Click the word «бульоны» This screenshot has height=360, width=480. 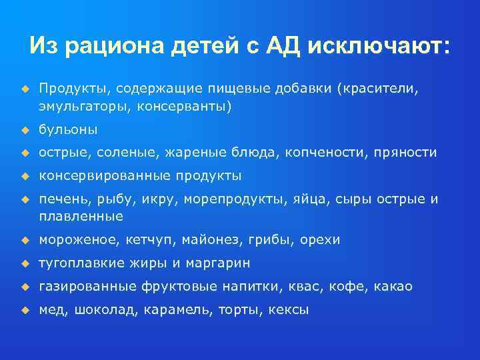click(68, 129)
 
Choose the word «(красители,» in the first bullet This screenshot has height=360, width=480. click(379, 89)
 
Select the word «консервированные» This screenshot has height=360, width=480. click(105, 176)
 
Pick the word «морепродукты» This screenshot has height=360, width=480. click(236, 199)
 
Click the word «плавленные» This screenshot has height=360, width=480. click(81, 217)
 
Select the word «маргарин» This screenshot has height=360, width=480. click(217, 263)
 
